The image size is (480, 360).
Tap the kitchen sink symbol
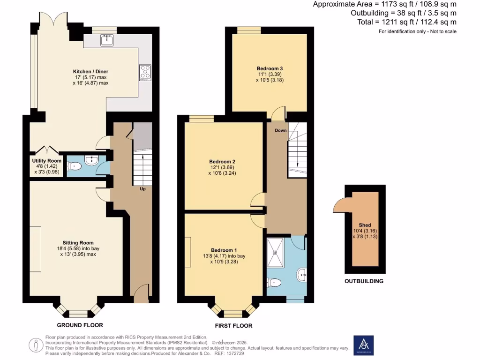tap(107, 40)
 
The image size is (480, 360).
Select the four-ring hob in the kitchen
tap(145, 72)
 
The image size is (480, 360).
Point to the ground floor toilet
tap(74, 166)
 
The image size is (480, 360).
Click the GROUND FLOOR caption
tap(80, 325)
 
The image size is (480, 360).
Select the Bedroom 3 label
tap(270, 68)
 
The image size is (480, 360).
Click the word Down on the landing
tap(281, 130)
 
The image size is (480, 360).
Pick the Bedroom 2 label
tap(222, 162)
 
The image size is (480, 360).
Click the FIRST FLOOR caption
tap(233, 326)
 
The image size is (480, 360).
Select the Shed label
tap(365, 225)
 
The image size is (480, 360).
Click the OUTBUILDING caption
tap(364, 281)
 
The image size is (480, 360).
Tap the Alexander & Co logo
tap(363, 345)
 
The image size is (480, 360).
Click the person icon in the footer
tap(36, 345)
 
